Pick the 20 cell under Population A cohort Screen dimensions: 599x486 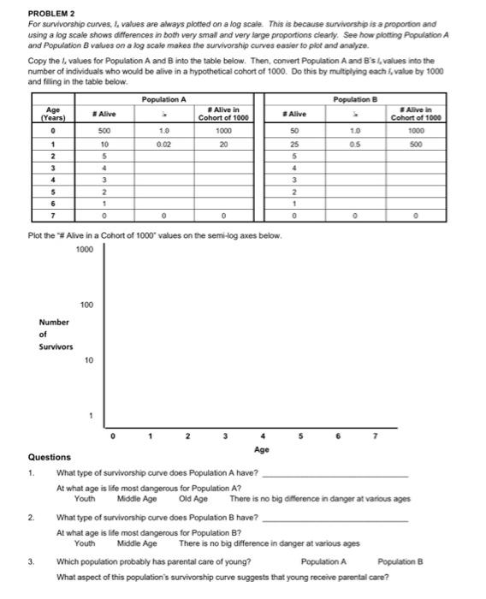(222, 144)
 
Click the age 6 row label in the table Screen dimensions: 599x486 (55, 205)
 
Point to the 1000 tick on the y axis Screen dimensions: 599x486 (85, 249)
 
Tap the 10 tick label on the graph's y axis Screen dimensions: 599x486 (89, 360)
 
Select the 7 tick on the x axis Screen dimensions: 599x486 (374, 435)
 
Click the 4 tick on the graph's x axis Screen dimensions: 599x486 (263, 435)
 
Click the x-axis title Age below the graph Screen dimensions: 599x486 (262, 448)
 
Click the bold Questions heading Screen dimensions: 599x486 (50, 457)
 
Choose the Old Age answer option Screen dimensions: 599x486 (193, 499)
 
